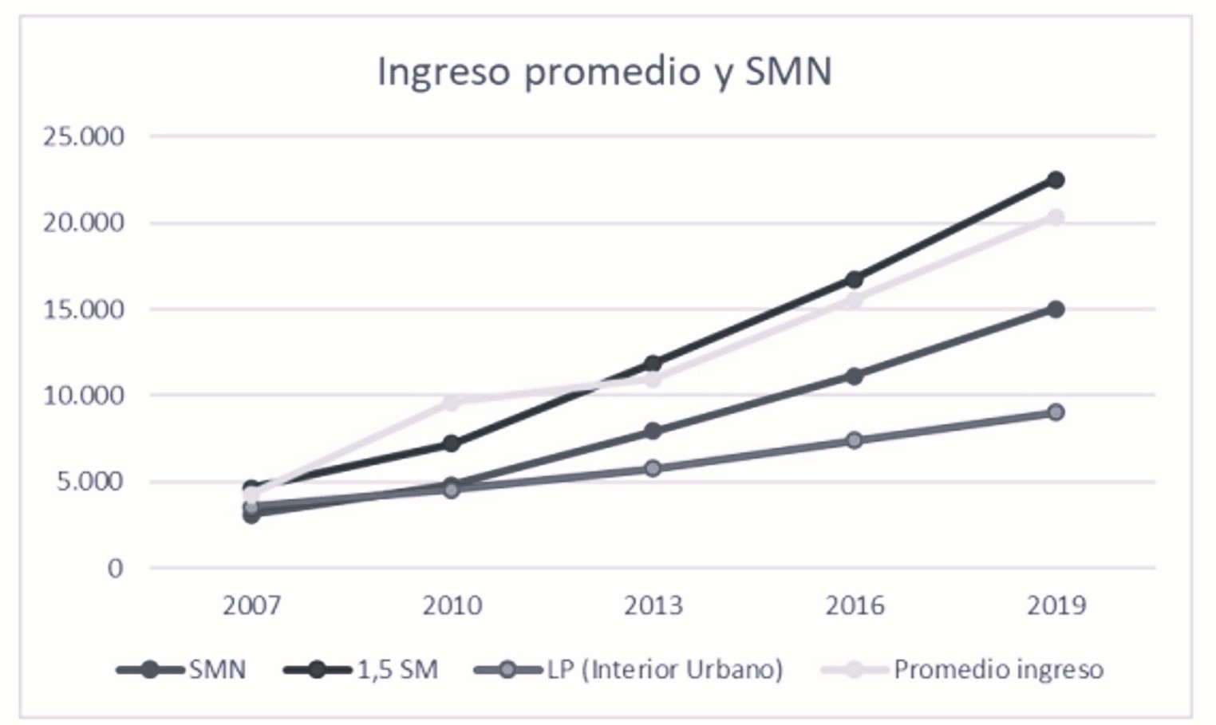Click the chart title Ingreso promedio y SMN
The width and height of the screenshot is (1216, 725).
604,72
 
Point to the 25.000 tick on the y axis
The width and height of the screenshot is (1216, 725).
84,136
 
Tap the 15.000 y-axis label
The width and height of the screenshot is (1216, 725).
84,309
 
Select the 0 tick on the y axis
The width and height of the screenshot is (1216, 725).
116,569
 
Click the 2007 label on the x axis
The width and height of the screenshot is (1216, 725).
251,606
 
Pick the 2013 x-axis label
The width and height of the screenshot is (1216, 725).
653,606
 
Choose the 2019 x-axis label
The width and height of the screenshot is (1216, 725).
1056,606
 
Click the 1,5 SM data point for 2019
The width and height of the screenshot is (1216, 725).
1056,180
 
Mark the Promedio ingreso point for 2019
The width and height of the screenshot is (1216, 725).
1056,218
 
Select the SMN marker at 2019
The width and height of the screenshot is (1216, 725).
1056,309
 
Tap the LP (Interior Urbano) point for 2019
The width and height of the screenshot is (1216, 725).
1056,412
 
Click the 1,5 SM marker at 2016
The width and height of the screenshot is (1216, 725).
855,279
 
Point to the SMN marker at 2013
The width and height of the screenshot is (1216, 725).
653,431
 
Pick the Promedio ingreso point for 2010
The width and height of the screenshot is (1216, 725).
452,402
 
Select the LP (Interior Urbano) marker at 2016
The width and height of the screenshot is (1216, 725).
855,440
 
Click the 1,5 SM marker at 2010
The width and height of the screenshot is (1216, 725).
452,443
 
